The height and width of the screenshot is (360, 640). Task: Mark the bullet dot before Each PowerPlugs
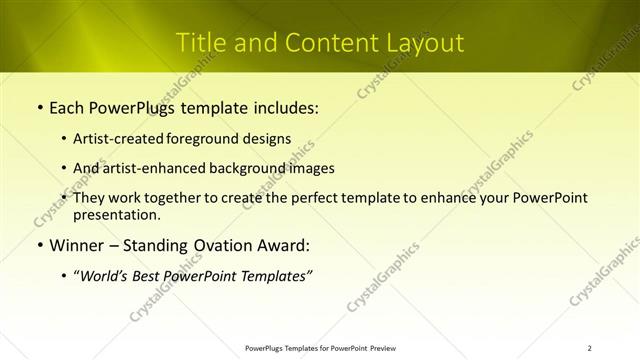click(39, 107)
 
